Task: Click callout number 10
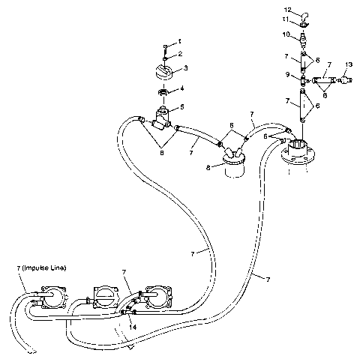click(286, 34)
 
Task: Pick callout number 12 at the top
click(297, 10)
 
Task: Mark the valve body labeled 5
click(161, 118)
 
